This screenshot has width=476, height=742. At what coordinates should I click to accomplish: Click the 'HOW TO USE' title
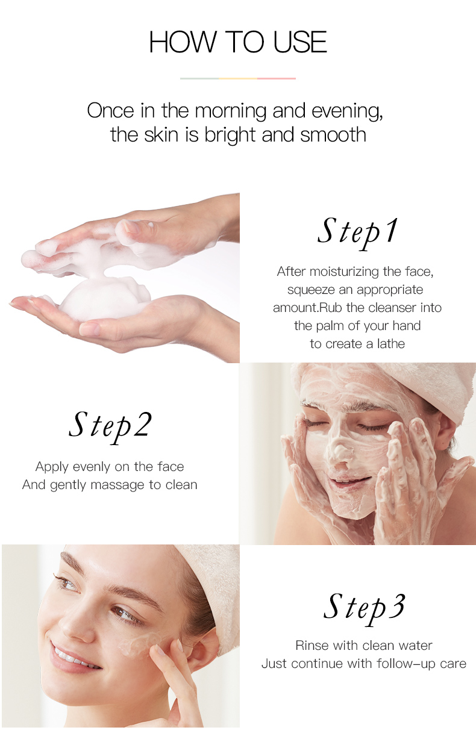[x=238, y=42]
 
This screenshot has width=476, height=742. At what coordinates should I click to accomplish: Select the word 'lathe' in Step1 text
[x=390, y=344]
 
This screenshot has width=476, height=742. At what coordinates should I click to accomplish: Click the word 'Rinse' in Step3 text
[x=312, y=646]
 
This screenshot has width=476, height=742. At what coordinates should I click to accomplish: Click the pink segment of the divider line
[x=277, y=78]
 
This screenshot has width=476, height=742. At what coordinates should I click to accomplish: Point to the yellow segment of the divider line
[x=238, y=78]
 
